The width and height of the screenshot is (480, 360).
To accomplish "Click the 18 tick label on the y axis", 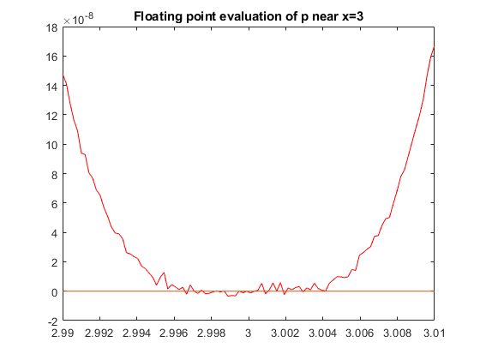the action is coord(51,27).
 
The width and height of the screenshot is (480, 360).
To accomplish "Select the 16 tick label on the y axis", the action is coord(51,57).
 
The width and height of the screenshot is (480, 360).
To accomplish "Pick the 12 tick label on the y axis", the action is coord(51,116).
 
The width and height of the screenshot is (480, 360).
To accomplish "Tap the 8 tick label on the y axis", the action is coord(55,175).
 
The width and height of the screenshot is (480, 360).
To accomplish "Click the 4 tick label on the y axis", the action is coord(55,233).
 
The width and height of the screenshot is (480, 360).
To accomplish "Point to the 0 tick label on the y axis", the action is coord(55,292).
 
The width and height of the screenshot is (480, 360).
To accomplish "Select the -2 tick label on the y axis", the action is coord(52,321).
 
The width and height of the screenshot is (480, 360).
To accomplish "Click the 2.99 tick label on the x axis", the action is coord(63,333).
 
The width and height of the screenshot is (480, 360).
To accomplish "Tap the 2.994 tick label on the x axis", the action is coord(136,333).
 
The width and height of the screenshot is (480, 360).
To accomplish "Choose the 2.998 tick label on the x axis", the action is coord(211,333).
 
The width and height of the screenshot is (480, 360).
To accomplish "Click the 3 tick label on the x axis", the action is coord(249,333).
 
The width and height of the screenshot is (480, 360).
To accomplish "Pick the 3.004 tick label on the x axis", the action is coord(322,333).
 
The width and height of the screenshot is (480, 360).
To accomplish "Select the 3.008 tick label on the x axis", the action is coord(397,333).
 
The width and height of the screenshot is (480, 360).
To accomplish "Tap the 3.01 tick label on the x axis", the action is coord(434,333).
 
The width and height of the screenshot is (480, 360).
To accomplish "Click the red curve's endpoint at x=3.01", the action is coord(434,46).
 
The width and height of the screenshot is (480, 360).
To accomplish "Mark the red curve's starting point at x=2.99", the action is coord(63,75).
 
